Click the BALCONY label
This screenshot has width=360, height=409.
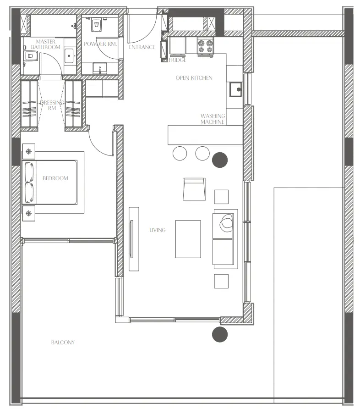point(63,343)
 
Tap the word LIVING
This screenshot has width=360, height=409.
point(157,230)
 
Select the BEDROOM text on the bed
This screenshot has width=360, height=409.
point(55,178)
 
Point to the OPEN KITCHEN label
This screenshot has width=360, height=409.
point(194,78)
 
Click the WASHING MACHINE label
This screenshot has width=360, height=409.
point(213,119)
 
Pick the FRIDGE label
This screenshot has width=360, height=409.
point(177,60)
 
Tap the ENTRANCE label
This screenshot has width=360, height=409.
point(142,47)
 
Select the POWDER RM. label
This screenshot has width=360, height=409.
point(100,44)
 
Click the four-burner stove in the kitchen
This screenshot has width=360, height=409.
point(206,46)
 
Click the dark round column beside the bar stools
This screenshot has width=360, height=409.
point(220,160)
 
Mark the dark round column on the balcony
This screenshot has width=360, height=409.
point(220,334)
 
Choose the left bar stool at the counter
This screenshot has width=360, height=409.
point(180,153)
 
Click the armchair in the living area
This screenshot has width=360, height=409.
point(194,188)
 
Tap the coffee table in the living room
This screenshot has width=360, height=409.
point(188,239)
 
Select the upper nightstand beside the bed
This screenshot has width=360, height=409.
point(29,151)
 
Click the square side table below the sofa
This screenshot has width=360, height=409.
point(221,281)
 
